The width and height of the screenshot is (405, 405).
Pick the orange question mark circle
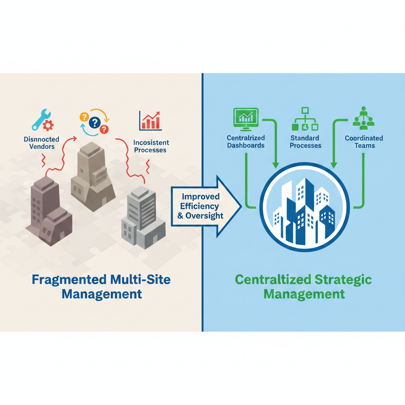coord(84,117)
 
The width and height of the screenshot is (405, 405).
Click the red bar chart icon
coord(150,120)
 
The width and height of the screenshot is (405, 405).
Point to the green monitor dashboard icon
coord(246,119)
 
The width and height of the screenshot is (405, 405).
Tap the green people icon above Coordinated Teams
coord(363,118)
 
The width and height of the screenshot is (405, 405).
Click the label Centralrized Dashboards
coord(246,142)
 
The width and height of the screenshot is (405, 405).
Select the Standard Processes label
coord(305,142)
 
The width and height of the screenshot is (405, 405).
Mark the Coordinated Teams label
coord(364,142)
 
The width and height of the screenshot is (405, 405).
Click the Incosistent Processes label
coord(151,146)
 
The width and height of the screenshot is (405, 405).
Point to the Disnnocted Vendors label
coord(42,143)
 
